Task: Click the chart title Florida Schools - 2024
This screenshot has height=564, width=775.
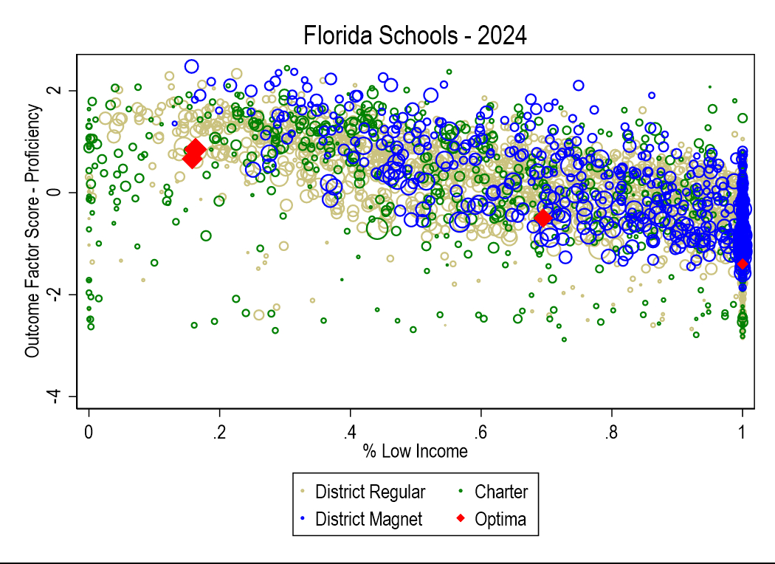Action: pyautogui.click(x=415, y=35)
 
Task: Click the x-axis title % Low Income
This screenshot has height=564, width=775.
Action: pyautogui.click(x=415, y=451)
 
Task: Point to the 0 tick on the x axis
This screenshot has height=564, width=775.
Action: pyautogui.click(x=89, y=430)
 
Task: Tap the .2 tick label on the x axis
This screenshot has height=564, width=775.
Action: pyautogui.click(x=218, y=430)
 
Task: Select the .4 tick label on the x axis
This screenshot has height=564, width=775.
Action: pyautogui.click(x=349, y=430)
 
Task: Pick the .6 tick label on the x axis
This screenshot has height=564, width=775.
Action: pyautogui.click(x=480, y=430)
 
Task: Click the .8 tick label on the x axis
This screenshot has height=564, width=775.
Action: pyautogui.click(x=610, y=430)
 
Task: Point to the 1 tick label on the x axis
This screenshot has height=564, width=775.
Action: pyautogui.click(x=743, y=430)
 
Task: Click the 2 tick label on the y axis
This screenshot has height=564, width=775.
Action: pyautogui.click(x=72, y=91)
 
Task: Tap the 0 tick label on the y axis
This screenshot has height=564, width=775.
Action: pyautogui.click(x=72, y=193)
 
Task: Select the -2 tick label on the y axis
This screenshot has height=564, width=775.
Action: pyautogui.click(x=69, y=295)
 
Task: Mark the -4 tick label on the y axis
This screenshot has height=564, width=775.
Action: pyautogui.click(x=69, y=396)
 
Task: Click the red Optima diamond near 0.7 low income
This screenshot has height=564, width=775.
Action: pyautogui.click(x=543, y=218)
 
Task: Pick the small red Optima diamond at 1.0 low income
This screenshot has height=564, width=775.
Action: pyautogui.click(x=743, y=264)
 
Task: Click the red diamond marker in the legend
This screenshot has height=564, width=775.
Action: pyautogui.click(x=460, y=519)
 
